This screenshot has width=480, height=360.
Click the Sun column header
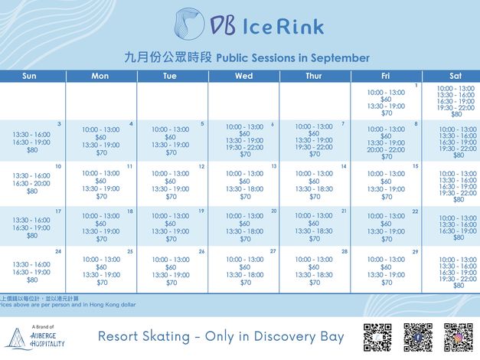pos(29,76)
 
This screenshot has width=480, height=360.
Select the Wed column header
pos(243,76)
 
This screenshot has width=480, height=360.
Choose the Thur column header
pos(314,76)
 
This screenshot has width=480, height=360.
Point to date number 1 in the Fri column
pos(416,85)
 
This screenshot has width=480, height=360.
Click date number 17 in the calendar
pos(58,211)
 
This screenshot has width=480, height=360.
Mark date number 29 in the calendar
pos(415,252)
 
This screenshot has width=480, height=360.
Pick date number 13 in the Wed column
pos(273,166)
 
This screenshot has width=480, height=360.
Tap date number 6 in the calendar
pos(272,124)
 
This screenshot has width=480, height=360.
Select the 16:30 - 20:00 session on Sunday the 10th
pos(32,183)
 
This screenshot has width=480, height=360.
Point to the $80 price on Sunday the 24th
pos(32,280)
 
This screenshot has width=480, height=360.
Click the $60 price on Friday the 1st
pos(387,99)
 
